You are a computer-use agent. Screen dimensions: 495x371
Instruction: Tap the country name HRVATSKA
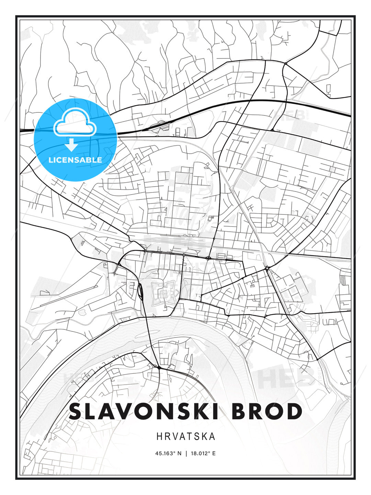[186, 437]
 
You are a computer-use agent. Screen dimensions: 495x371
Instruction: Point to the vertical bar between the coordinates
[186, 453]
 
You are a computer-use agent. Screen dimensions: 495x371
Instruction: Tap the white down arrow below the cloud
[72, 145]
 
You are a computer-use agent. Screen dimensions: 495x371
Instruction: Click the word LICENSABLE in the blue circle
[75, 160]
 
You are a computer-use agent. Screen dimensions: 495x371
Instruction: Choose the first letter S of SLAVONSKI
[78, 411]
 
